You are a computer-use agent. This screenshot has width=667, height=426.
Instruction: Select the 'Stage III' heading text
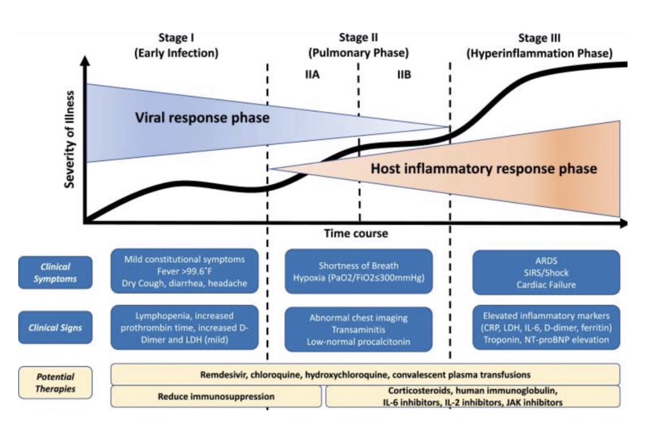[x=539, y=38]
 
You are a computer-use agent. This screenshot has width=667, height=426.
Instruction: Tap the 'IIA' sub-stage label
[x=312, y=75]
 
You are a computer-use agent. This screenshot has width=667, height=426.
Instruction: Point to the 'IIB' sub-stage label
[x=404, y=75]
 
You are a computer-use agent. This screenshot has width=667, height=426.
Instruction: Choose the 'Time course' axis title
[x=356, y=233]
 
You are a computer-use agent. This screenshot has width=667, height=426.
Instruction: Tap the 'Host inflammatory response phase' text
[x=484, y=168]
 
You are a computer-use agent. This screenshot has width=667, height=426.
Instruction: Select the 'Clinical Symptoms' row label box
[x=55, y=273]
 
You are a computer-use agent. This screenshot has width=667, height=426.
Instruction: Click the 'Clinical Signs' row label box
[x=55, y=327]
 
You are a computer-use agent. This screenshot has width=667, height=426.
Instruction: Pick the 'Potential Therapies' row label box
[x=55, y=383]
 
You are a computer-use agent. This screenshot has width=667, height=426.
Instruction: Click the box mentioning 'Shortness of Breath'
[x=359, y=272]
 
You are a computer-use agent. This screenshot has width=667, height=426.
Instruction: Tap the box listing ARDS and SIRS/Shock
[x=546, y=272]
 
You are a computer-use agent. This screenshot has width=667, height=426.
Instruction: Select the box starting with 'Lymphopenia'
[x=185, y=327]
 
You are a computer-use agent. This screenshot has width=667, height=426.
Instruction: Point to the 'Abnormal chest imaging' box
[x=359, y=329]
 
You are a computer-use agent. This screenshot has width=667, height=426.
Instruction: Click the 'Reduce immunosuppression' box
[x=216, y=397]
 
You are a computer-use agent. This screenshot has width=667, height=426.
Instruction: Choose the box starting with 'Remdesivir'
[x=365, y=374]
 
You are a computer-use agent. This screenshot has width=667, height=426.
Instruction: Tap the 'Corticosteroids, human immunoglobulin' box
[x=473, y=396]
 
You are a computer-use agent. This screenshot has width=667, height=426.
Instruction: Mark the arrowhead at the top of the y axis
[x=84, y=62]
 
